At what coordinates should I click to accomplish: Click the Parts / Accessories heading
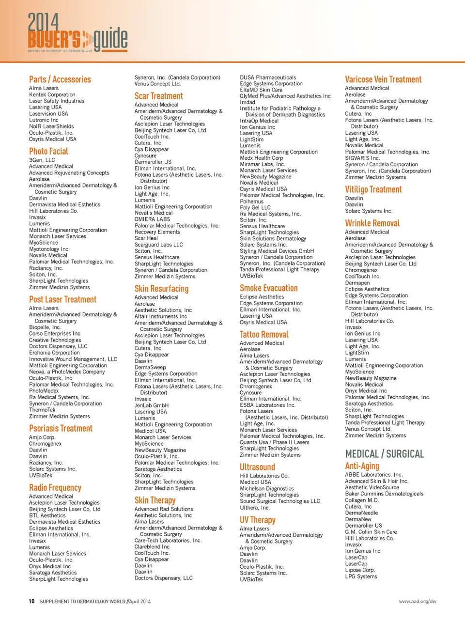pos(60,79)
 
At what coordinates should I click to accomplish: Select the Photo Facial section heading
pos(48,151)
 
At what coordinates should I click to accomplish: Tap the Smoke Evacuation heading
pos(268,288)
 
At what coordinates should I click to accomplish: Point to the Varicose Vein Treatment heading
pos(383,79)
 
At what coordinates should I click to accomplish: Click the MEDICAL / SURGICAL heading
pos(384,454)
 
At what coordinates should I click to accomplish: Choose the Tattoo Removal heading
pos(264,335)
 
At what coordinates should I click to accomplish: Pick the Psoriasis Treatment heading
pos(61,429)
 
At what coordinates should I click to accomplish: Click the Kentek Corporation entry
pos(52,95)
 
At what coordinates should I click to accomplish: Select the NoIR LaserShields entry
pos(51,126)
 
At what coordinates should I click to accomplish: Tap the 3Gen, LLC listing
pos(42,160)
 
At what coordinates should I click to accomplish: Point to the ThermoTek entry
pos(42,410)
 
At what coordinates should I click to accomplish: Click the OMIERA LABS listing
pos(152,219)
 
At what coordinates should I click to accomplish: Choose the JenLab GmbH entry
pos(151,405)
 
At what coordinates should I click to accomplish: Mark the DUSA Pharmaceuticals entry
pos(268,78)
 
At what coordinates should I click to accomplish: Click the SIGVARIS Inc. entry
pos(362,158)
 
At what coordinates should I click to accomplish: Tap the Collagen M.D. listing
pos(362,500)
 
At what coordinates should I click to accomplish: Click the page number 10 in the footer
pos(31,602)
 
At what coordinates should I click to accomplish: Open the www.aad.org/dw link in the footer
pos(418,602)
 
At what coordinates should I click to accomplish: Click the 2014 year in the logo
pos(43,22)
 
